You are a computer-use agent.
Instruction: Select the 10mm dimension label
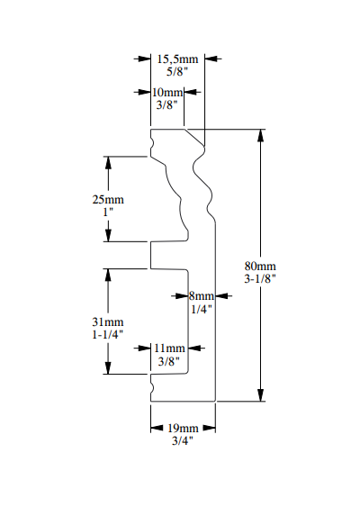click(167, 93)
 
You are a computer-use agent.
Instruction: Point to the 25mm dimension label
click(108, 199)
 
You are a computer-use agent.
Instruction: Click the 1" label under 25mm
click(108, 212)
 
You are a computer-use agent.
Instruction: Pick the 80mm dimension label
click(261, 266)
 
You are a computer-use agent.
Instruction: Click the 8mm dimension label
click(201, 295)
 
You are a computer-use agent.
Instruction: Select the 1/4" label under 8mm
click(201, 309)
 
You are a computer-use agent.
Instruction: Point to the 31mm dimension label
click(108, 321)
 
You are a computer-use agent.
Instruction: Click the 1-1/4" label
click(108, 334)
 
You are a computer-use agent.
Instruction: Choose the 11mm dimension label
click(168, 348)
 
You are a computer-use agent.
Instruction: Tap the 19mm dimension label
click(183, 428)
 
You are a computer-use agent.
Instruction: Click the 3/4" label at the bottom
click(183, 440)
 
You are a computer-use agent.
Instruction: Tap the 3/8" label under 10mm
click(167, 105)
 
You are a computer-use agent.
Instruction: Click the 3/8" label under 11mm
click(168, 361)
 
